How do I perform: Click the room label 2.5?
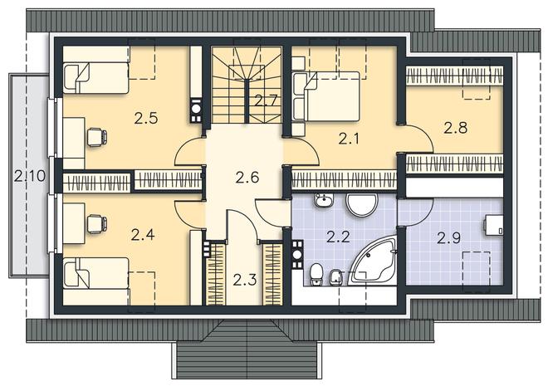click(146, 118)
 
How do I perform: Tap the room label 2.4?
click(143, 234)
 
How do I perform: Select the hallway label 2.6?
click(247, 177)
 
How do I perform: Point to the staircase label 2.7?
click(266, 101)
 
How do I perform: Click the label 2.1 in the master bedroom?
click(349, 139)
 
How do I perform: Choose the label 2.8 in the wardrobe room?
click(455, 128)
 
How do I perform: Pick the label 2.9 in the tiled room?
click(449, 238)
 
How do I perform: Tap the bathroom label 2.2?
click(338, 237)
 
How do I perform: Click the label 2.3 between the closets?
click(245, 280)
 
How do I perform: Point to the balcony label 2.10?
click(30, 176)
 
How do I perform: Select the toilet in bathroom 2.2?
click(316, 275)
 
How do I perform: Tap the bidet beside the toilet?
click(335, 278)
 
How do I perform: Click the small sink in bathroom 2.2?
click(325, 200)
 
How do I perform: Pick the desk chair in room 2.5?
click(97, 137)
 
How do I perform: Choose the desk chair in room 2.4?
click(97, 224)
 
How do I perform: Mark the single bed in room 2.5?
click(96, 78)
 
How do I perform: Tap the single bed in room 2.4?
click(96, 273)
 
